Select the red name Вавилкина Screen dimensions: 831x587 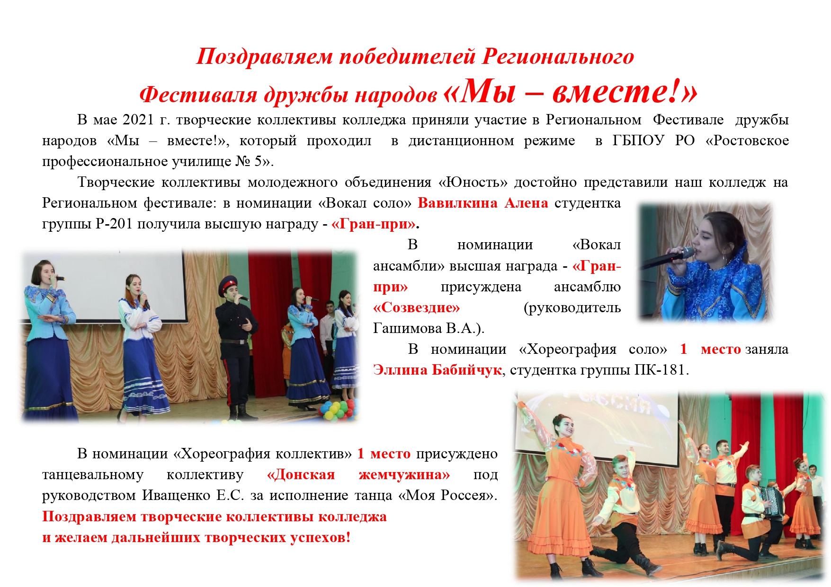pyautogui.click(x=457, y=203)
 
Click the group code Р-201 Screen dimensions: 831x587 pyautogui.click(x=114, y=224)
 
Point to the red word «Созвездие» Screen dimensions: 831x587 pyautogui.click(x=417, y=308)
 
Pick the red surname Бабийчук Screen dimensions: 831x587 pyautogui.click(x=466, y=370)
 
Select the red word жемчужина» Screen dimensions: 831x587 pyautogui.click(x=404, y=474)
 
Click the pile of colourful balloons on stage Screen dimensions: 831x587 pyautogui.click(x=338, y=410)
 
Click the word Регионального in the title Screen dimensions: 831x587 pyautogui.click(x=558, y=56)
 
